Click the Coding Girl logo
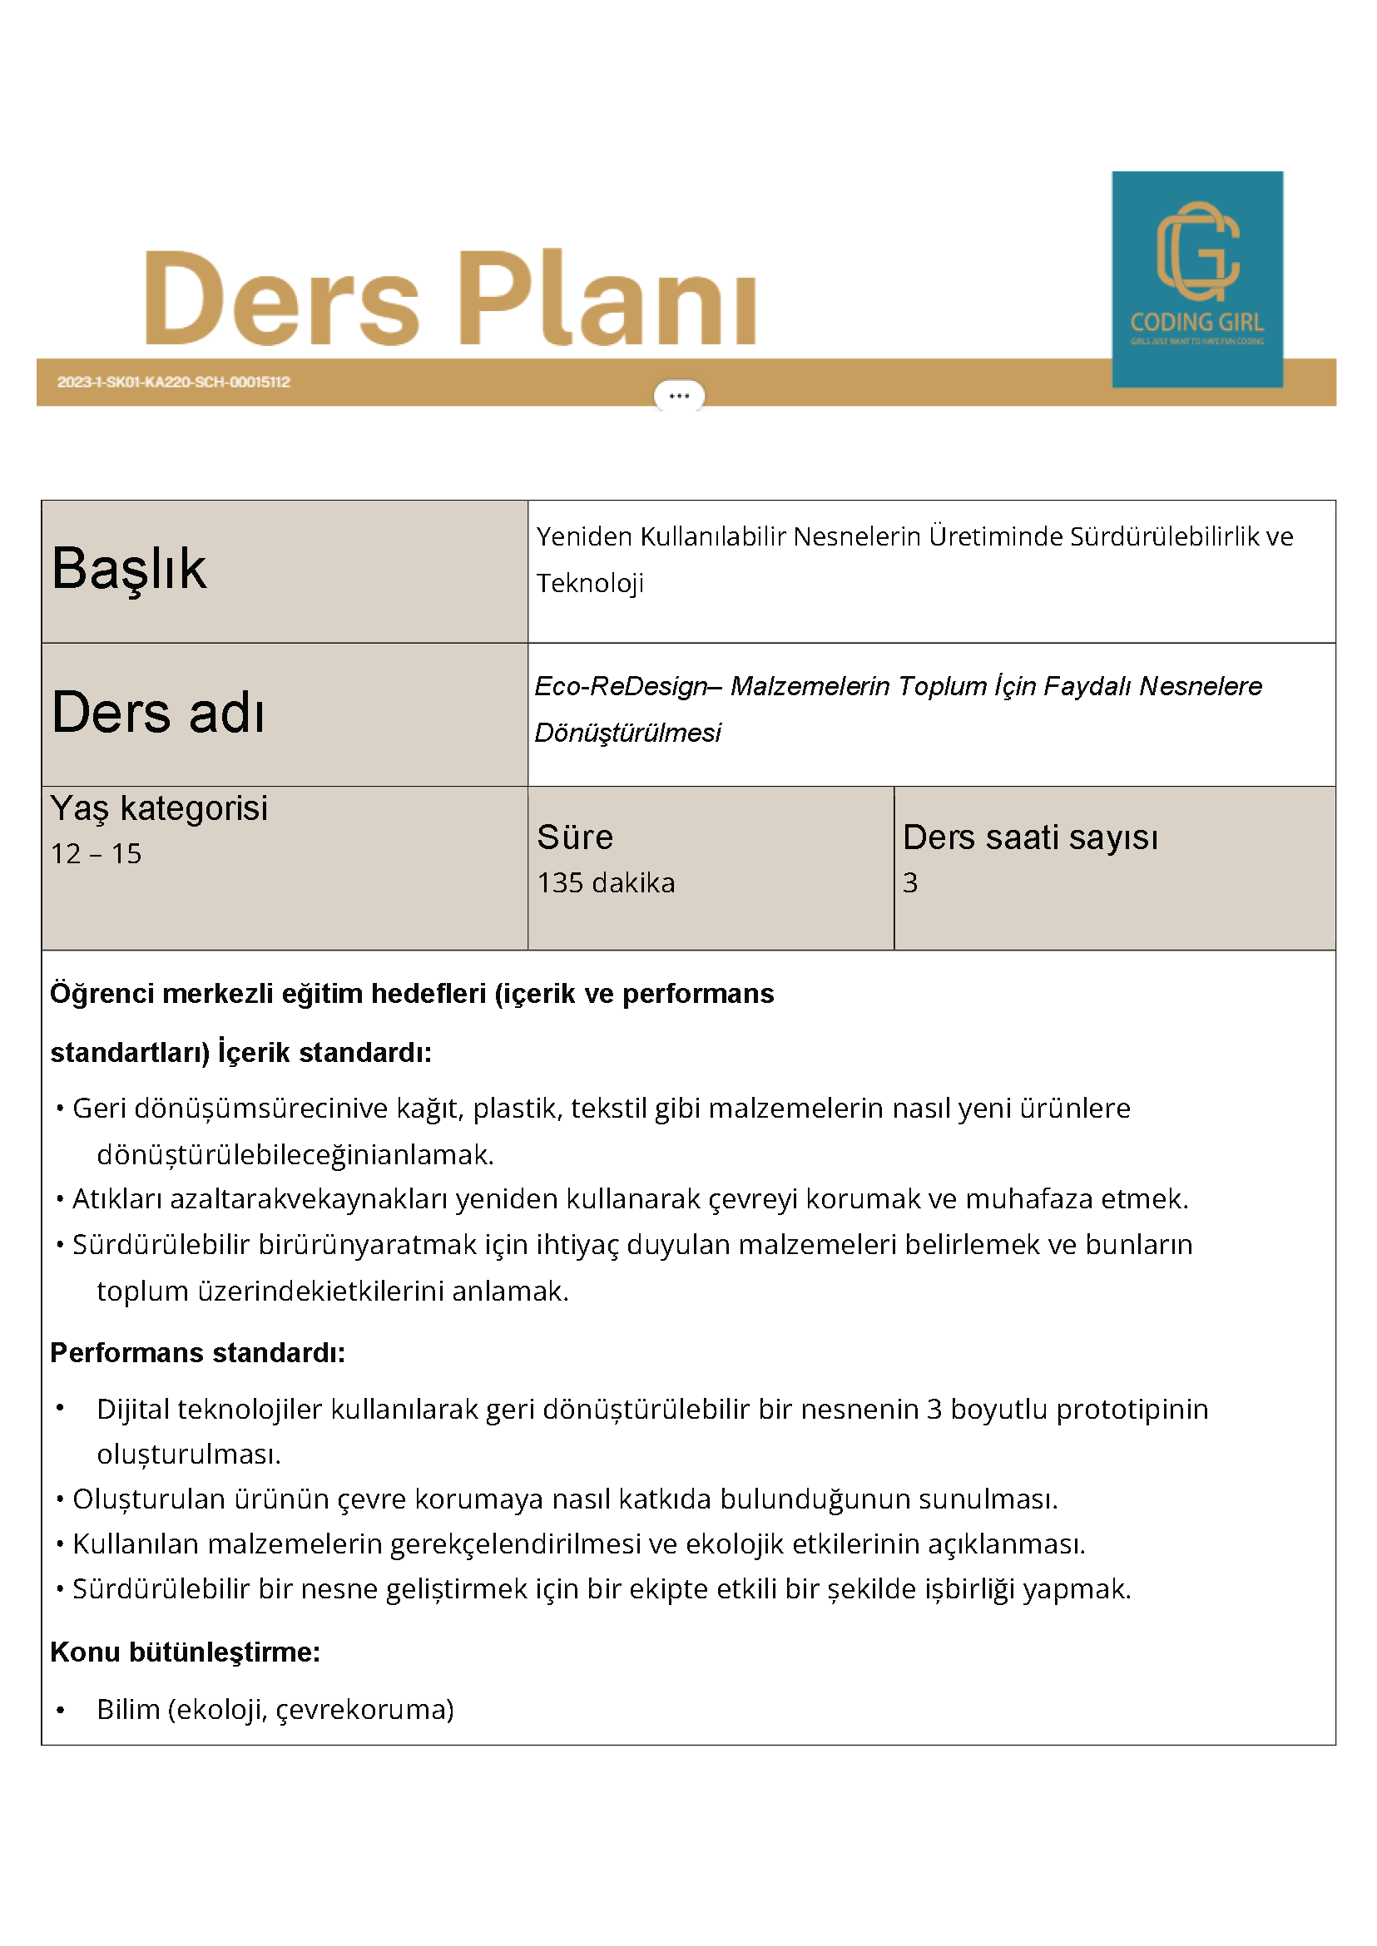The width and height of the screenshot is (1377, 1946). point(1196,279)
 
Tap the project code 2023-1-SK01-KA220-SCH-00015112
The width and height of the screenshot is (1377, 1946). point(174,383)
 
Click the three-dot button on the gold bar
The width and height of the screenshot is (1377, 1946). point(678,396)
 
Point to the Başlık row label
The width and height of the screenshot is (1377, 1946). point(129,568)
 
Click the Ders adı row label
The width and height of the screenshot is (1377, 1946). point(158,712)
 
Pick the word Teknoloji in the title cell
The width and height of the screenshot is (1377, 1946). point(589,583)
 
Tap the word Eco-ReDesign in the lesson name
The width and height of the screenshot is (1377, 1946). point(620,686)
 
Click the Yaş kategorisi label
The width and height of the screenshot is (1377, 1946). point(159,808)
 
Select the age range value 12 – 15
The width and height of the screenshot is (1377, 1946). point(96,853)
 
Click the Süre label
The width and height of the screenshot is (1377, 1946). point(574,837)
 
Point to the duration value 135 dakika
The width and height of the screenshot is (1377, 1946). point(606,882)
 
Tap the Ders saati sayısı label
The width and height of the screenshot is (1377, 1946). point(1029,837)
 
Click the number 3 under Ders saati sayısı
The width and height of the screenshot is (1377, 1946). point(909,882)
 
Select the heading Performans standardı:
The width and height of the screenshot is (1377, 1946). point(197,1353)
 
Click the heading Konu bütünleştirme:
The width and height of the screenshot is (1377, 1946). point(185,1652)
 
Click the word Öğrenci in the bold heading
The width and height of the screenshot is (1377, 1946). point(102,993)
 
